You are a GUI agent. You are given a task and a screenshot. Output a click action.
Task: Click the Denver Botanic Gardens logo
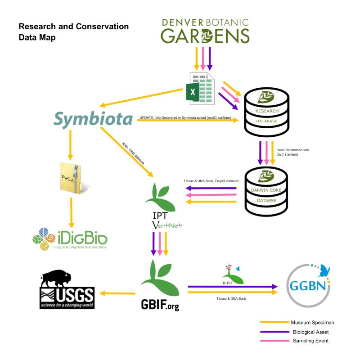pos(205,31)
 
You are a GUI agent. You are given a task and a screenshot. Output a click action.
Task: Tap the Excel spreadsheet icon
pos(200,89)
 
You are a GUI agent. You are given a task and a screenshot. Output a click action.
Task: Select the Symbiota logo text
pos(93,119)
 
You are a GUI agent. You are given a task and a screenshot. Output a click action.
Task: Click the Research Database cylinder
pos(266,112)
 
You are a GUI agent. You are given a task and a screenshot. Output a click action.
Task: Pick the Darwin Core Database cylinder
pos(266,192)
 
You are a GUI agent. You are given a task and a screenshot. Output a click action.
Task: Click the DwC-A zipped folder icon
pos(73,178)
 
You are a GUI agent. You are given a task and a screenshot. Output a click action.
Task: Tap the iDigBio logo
pos(70,239)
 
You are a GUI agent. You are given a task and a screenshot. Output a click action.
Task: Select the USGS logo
pos(67,289)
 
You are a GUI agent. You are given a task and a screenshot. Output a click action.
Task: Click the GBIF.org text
pos(160,305)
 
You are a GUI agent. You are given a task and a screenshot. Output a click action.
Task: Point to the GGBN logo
pos(308,286)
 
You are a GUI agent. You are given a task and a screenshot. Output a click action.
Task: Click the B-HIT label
pos(228,283)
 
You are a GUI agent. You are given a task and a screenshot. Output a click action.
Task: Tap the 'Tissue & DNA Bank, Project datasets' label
pos(211,181)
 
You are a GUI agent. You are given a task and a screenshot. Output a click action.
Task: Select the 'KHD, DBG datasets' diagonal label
pos(133,153)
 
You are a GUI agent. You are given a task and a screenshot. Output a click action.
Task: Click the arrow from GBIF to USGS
pos(117,293)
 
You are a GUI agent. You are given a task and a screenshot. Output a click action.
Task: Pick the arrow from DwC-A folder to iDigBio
pos(72,212)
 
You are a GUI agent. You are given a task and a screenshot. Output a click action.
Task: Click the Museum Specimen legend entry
pos(297,322)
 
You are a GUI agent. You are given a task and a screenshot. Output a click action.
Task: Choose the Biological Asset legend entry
pos(294,332)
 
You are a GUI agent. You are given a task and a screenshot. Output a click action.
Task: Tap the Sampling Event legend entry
pos(294,341)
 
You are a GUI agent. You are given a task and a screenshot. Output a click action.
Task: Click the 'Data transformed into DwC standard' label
pos(292,152)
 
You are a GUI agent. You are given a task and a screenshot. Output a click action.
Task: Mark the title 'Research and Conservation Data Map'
pos(74,31)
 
